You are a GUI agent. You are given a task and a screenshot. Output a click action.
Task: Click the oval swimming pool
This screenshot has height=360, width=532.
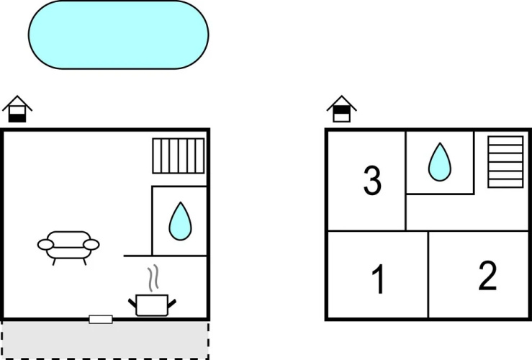[118, 35]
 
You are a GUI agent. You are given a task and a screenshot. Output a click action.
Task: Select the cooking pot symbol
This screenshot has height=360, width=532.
[152, 305]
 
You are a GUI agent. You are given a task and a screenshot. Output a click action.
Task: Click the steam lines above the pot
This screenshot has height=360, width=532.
[153, 277]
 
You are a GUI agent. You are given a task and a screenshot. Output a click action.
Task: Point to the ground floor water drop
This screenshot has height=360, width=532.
[180, 221]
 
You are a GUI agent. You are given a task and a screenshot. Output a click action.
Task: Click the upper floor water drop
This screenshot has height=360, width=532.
[440, 162]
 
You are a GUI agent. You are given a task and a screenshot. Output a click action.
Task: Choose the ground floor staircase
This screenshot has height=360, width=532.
[179, 156]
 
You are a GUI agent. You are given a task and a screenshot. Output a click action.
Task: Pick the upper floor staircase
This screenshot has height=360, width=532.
[505, 162]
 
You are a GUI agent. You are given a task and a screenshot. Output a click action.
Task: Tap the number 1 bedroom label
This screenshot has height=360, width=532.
[379, 279]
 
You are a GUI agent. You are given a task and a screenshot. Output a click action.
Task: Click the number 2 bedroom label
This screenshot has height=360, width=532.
[487, 276]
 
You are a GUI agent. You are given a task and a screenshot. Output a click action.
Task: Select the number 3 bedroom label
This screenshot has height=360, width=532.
[372, 180]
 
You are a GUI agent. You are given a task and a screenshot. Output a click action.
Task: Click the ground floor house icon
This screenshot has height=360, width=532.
[17, 109]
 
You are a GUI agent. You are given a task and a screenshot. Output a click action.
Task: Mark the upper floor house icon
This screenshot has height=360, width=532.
[342, 109]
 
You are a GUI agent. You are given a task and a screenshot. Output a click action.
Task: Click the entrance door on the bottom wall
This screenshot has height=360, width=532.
[101, 319]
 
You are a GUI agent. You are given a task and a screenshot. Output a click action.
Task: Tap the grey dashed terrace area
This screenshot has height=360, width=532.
[105, 340]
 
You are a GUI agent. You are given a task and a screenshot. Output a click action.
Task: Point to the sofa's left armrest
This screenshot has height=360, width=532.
[45, 245]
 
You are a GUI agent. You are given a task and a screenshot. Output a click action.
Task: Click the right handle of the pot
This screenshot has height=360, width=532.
[171, 303]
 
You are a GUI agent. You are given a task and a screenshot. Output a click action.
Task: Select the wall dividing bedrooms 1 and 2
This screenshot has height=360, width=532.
[428, 275]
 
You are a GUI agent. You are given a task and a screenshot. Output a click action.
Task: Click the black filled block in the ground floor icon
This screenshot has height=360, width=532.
[17, 118]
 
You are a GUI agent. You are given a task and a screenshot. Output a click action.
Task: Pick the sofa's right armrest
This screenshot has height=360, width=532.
[91, 245]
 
